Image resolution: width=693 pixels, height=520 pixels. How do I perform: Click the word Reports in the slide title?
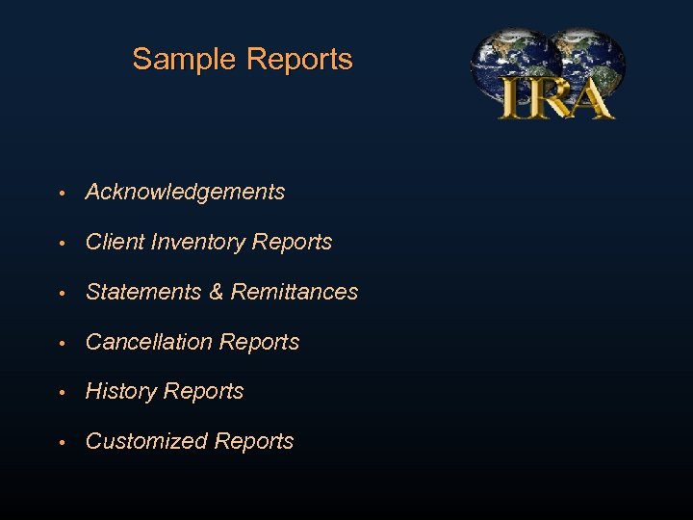tap(299, 60)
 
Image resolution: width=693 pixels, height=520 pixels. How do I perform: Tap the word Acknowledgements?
tap(185, 193)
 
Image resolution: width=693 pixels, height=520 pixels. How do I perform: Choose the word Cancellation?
tap(149, 342)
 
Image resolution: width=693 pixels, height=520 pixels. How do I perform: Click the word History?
tap(121, 391)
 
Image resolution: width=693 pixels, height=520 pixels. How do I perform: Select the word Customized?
tap(146, 441)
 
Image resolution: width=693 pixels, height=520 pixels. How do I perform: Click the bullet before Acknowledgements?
tap(61, 194)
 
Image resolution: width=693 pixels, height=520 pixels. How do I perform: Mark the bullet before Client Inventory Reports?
tap(61, 244)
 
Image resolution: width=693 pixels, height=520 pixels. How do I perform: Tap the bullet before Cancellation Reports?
tap(61, 343)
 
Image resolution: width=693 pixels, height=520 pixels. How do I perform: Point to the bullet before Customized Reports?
tap(61, 442)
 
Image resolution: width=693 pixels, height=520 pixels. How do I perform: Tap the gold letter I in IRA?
tap(511, 99)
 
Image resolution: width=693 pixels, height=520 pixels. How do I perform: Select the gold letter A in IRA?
tap(590, 98)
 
